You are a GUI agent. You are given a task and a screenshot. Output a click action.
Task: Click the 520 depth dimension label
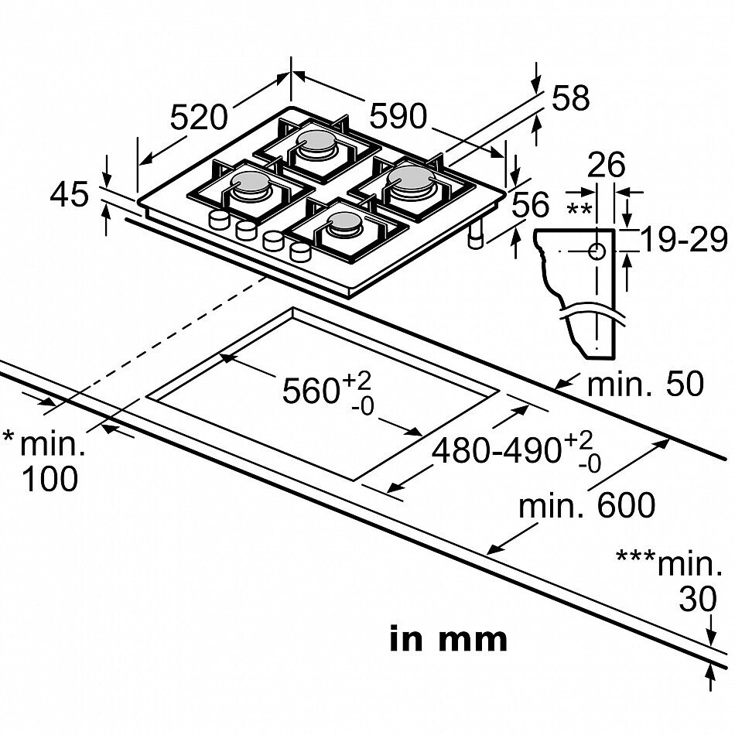tap(198, 117)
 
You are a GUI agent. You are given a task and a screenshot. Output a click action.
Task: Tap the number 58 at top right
tap(570, 98)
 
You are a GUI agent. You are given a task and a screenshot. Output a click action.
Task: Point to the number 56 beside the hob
tap(530, 204)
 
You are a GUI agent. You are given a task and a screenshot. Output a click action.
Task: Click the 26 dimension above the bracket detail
tap(607, 164)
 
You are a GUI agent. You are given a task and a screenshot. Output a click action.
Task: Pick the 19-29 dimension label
tap(683, 239)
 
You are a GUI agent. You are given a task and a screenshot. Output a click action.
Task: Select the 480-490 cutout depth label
tap(515, 451)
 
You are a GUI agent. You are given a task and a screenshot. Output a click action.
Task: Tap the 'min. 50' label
tap(646, 384)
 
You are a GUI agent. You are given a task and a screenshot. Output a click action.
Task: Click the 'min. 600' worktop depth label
tap(586, 505)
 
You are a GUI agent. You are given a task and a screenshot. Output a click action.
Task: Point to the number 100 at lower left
tap(50, 479)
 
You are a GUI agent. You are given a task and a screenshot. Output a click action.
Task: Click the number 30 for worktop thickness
tap(698, 599)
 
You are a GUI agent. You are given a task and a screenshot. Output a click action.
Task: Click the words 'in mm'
tap(449, 639)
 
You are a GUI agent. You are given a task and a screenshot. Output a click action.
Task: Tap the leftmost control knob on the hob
tap(219, 220)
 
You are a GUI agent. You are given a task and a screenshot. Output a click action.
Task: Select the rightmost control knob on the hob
tap(300, 252)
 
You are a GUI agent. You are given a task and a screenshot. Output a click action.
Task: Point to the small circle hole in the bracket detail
tap(597, 252)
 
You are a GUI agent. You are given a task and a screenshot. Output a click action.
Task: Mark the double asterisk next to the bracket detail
tap(579, 208)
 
